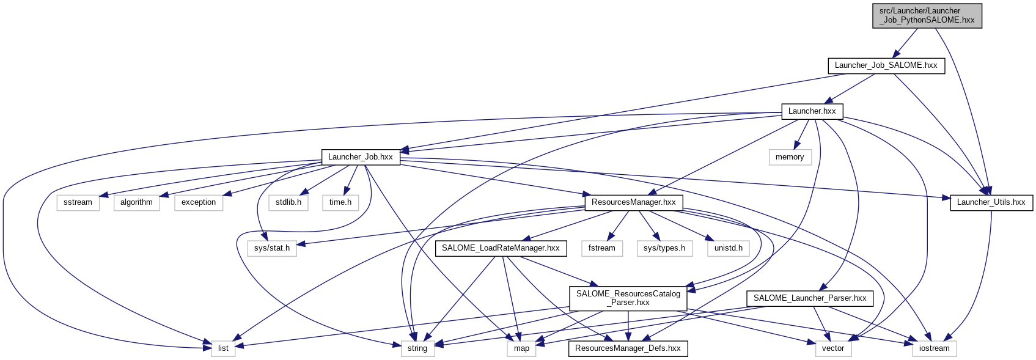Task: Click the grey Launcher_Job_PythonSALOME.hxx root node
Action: pyautogui.click(x=927, y=15)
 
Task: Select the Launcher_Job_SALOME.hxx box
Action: pyautogui.click(x=886, y=65)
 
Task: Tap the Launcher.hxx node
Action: pyautogui.click(x=812, y=111)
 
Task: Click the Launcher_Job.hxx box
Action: pyautogui.click(x=361, y=157)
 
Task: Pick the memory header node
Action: pyautogui.click(x=790, y=157)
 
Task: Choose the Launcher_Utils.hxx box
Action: pyautogui.click(x=991, y=202)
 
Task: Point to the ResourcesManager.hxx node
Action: pyautogui.click(x=633, y=202)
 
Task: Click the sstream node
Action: pyautogui.click(x=78, y=202)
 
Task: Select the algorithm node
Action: pyautogui.click(x=136, y=202)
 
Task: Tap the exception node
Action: pyautogui.click(x=199, y=202)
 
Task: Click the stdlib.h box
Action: pyautogui.click(x=288, y=202)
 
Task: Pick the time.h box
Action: pyautogui.click(x=340, y=202)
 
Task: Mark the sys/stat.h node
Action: pyautogui.click(x=272, y=248)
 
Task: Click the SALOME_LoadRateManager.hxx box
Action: pyautogui.click(x=501, y=248)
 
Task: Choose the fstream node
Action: pyautogui.click(x=602, y=248)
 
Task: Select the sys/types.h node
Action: pyautogui.click(x=664, y=248)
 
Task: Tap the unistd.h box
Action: pyautogui.click(x=729, y=248)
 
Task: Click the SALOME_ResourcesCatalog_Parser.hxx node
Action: pyautogui.click(x=628, y=298)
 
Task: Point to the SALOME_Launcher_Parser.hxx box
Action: pyautogui.click(x=810, y=298)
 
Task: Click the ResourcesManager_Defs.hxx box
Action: pyautogui.click(x=628, y=348)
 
